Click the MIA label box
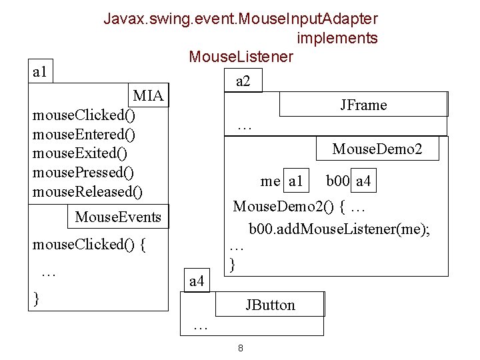coord(148,96)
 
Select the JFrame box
coord(363,105)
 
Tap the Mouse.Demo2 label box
coord(377,149)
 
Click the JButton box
coord(269,305)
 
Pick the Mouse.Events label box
coord(118,217)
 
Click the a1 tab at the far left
coord(40,72)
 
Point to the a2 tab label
coord(243,81)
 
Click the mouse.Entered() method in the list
coord(84,135)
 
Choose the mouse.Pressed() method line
coord(83,173)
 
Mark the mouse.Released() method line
coord(87,193)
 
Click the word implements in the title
coord(337,38)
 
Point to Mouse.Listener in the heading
coord(241,57)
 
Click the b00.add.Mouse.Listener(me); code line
coord(339,230)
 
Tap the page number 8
coord(240,349)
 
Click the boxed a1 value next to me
coord(295,181)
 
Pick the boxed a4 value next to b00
coord(364,181)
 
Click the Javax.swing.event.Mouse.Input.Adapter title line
coord(240,19)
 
